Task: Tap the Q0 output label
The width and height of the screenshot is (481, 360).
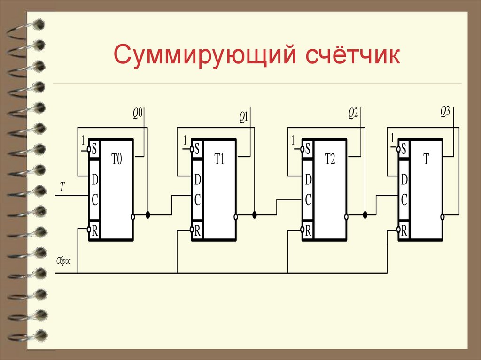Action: tap(137, 114)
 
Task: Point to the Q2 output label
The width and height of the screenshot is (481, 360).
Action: tap(353, 113)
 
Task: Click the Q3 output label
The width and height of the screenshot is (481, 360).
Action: tap(445, 111)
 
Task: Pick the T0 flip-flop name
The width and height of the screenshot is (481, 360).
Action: tap(116, 160)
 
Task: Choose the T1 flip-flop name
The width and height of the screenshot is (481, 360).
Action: tap(220, 160)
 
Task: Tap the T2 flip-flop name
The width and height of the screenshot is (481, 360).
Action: tap(330, 160)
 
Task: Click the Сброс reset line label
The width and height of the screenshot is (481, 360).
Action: tap(63, 261)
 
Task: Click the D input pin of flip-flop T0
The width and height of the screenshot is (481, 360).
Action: tap(94, 179)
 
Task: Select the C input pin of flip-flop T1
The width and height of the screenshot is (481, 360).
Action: tap(198, 200)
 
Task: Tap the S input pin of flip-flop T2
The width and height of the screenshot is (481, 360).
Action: tap(308, 149)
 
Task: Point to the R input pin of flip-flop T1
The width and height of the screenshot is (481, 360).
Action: tap(198, 230)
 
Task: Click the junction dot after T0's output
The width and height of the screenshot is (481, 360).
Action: tap(148, 215)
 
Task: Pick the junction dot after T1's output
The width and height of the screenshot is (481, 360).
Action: tap(255, 215)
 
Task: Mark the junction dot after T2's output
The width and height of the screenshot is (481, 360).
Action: tap(365, 215)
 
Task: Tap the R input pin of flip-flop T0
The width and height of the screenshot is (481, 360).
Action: tap(94, 230)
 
